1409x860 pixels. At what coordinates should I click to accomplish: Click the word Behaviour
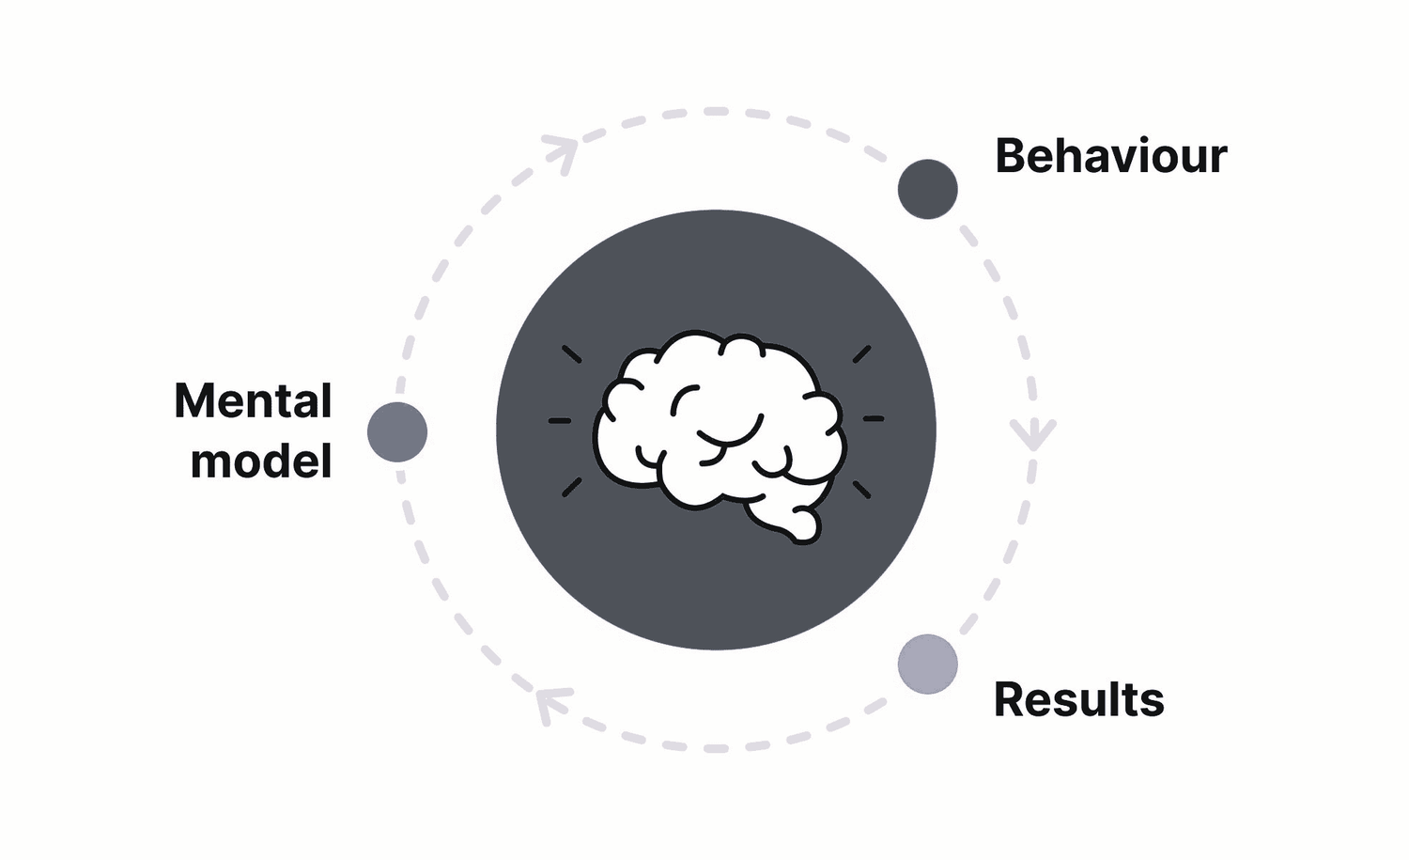pyautogui.click(x=1110, y=156)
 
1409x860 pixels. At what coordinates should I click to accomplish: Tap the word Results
pyautogui.click(x=1078, y=700)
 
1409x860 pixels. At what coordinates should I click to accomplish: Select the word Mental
pyautogui.click(x=253, y=401)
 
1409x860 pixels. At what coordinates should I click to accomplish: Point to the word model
pyautogui.click(x=261, y=461)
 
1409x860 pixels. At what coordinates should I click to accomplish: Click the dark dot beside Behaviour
pyautogui.click(x=927, y=189)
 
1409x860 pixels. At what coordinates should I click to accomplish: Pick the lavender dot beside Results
pyautogui.click(x=927, y=665)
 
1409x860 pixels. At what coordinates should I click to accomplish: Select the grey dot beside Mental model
pyautogui.click(x=397, y=432)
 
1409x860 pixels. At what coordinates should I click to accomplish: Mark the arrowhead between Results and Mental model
pyautogui.click(x=549, y=703)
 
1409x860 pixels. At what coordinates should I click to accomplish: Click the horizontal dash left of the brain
pyautogui.click(x=560, y=420)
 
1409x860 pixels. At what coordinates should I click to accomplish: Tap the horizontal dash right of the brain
pyautogui.click(x=874, y=418)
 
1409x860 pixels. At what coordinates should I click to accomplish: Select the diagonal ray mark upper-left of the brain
pyautogui.click(x=571, y=354)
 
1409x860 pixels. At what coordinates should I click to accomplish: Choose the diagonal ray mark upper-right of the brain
pyautogui.click(x=861, y=354)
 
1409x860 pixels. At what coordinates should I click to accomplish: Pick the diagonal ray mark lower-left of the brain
pyautogui.click(x=571, y=487)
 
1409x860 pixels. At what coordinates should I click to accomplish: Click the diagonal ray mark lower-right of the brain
pyautogui.click(x=861, y=489)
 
